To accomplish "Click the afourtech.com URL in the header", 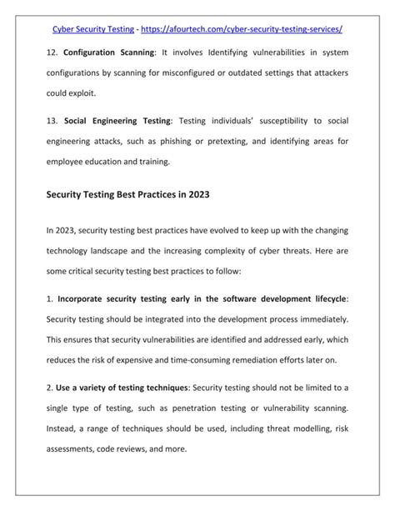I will [242, 29].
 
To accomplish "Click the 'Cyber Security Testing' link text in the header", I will [93, 29].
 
